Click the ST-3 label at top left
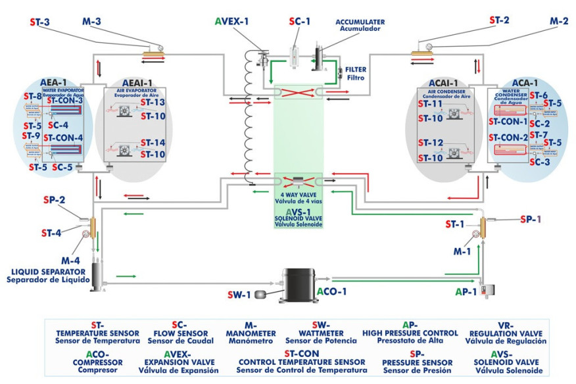[40, 22]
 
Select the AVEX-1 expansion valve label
[231, 22]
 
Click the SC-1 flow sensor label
[300, 22]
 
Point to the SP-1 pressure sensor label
[530, 218]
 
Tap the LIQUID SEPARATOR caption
[45, 275]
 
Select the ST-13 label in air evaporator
[153, 103]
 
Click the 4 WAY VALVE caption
[299, 196]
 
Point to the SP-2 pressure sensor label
[54, 199]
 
